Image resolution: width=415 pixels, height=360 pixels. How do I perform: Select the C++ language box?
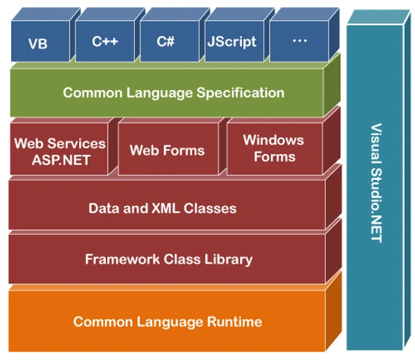coord(104,42)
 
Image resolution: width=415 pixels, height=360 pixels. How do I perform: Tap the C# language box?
coord(166,42)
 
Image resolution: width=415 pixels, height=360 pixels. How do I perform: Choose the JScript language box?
coord(231,42)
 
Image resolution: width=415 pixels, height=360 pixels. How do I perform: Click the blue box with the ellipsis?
coord(299,42)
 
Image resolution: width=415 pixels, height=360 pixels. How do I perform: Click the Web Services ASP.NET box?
coord(59,150)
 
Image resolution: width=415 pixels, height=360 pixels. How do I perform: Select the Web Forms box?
coord(167,150)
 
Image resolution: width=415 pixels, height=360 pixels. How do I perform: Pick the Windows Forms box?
coord(273,147)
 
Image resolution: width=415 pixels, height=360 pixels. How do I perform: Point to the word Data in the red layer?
coord(103,208)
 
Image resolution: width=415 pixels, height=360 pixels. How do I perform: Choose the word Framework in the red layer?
coord(118,260)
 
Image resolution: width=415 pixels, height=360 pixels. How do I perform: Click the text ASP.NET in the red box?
coord(60,158)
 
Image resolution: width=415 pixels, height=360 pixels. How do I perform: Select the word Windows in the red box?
coord(273,140)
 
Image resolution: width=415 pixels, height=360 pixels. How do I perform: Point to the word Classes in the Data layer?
coord(211,208)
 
